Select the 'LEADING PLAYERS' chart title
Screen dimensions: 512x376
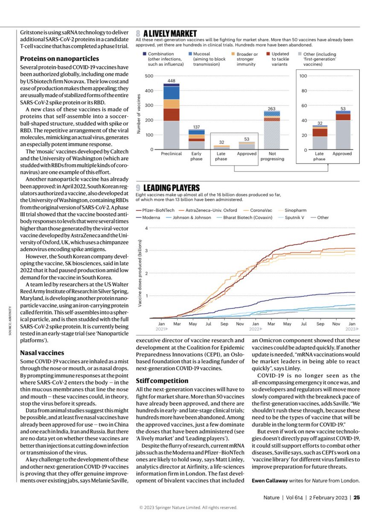pos(174,188)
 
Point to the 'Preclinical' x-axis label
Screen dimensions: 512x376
pos(171,154)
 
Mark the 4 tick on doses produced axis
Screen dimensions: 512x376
pos(146,228)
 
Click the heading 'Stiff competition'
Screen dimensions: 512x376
pos(162,380)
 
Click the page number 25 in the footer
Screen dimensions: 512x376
pos(356,497)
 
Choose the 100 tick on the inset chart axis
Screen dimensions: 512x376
pos(304,76)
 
